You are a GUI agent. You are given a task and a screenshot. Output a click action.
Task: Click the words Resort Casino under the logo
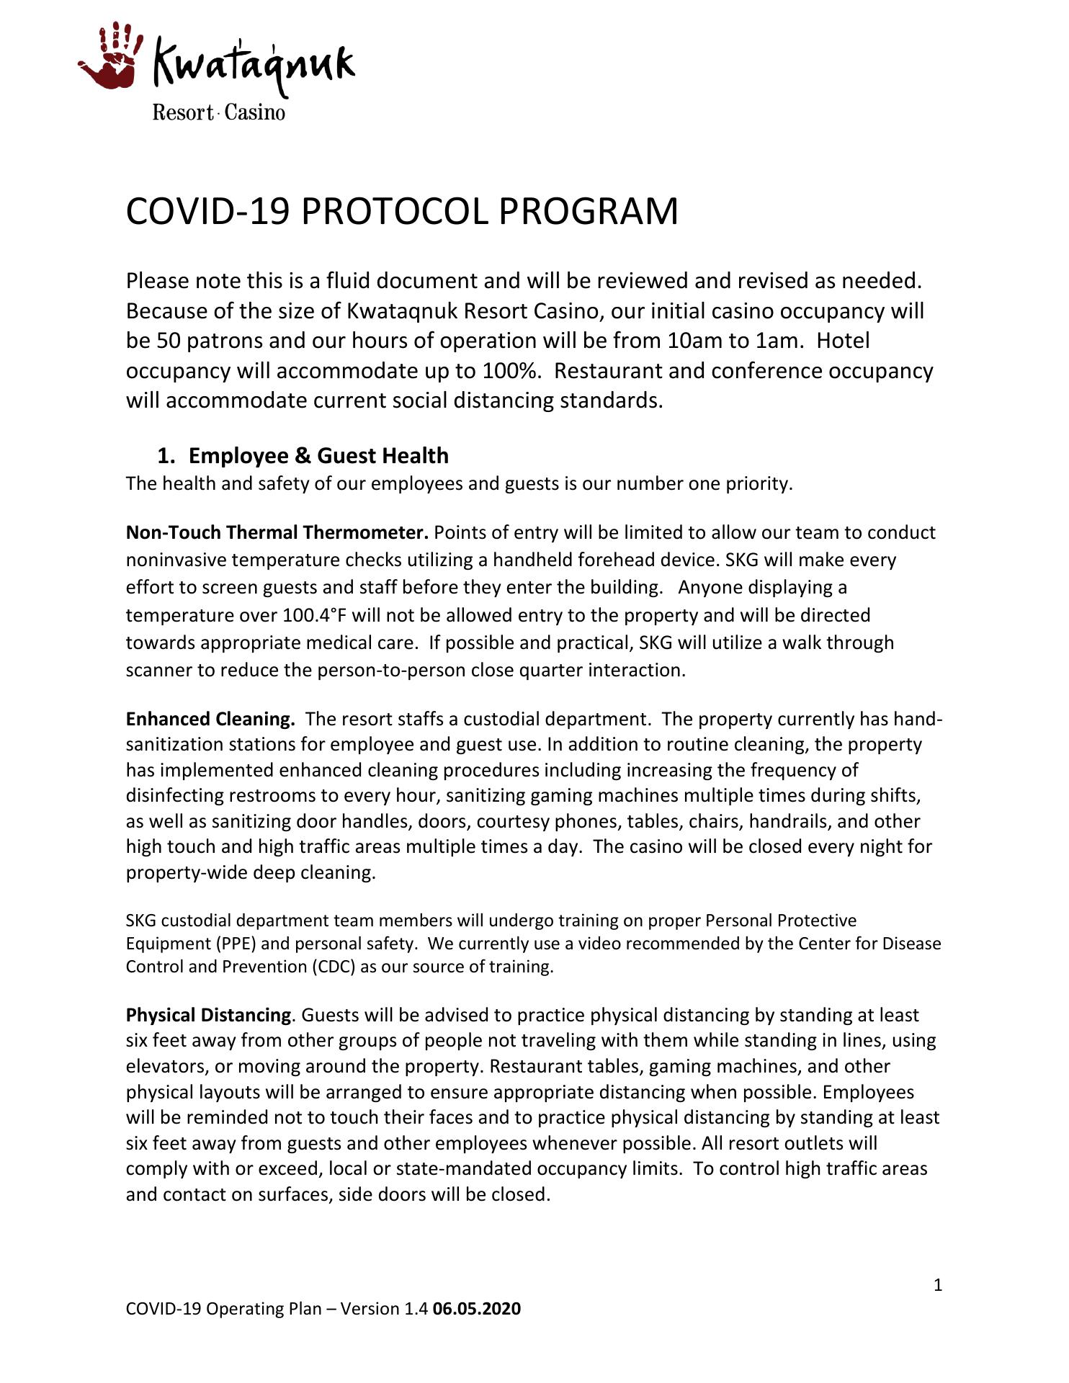(218, 113)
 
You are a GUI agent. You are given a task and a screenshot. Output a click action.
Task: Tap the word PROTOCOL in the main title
(395, 212)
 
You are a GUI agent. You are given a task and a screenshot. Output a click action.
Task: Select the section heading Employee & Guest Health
(318, 456)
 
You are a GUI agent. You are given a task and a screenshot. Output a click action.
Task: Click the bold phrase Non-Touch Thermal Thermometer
(277, 532)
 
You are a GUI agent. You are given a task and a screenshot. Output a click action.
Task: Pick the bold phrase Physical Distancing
(208, 1015)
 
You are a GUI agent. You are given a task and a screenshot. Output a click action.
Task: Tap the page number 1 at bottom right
(937, 1285)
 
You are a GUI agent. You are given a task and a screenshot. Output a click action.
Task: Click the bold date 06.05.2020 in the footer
(476, 1309)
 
